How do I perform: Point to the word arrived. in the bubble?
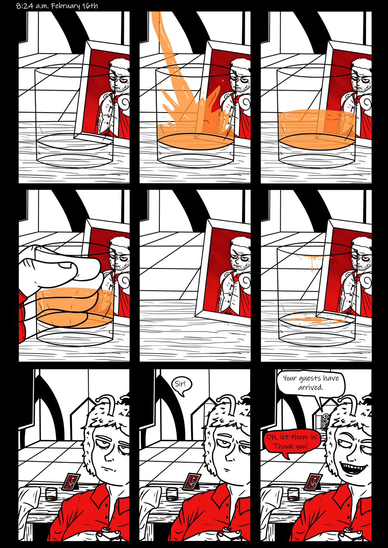pyautogui.click(x=310, y=388)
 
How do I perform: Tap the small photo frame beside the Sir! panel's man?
pyautogui.click(x=192, y=482)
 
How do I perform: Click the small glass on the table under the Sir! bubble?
pyautogui.click(x=172, y=494)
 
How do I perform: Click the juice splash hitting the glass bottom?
pyautogui.click(x=196, y=122)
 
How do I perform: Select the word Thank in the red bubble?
pyautogui.click(x=282, y=446)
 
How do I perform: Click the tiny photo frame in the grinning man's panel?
pyautogui.click(x=313, y=482)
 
